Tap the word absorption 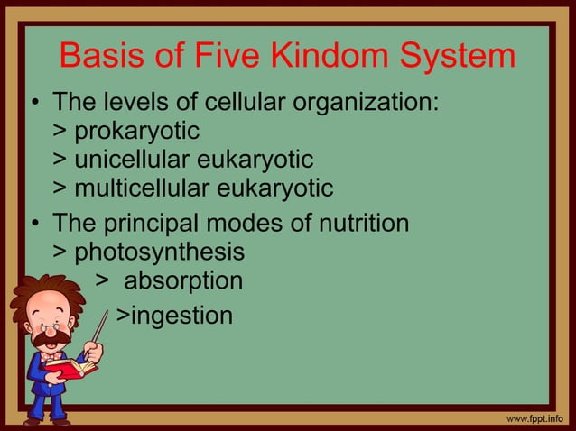182,280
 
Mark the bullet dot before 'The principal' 33,222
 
